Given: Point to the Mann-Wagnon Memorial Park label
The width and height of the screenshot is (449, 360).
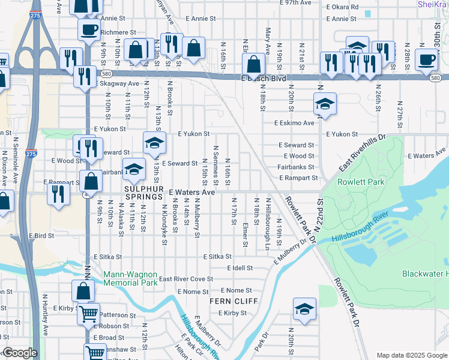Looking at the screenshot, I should pos(130,278).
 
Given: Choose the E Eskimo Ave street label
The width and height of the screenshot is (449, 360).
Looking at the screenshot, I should pos(294,123).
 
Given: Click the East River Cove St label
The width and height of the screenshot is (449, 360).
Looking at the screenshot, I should pos(186,279).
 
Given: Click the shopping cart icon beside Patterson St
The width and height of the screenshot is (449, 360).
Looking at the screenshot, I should pos(89,313).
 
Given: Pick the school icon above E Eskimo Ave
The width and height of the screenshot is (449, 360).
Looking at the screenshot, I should pos(324,104).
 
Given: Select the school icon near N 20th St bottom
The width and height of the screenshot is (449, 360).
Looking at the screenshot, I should pos(304,310).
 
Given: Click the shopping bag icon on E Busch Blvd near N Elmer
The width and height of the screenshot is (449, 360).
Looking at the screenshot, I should pos(254,64).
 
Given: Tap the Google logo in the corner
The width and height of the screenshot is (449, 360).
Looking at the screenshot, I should pos(19,353).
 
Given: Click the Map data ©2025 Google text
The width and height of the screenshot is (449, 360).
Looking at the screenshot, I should pos(412,355).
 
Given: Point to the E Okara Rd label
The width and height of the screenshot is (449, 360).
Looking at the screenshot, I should pos(342,7).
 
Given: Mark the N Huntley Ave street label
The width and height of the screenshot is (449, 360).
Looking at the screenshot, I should pos(45,306).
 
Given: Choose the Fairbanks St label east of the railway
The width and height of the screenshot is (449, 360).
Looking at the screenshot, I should pos(297,167).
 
